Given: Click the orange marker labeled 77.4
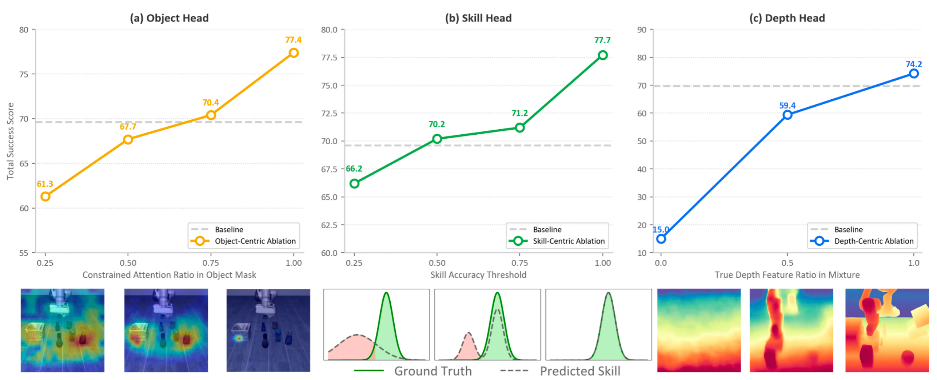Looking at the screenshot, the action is [x=294, y=53].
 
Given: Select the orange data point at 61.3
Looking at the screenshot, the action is [x=45, y=197].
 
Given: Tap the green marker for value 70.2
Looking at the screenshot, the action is [x=437, y=139].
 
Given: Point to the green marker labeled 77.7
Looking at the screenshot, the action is [x=603, y=55].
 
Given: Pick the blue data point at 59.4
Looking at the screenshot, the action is [x=787, y=115].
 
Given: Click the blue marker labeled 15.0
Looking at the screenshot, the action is [x=661, y=239].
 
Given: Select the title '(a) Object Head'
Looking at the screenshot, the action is [x=169, y=18].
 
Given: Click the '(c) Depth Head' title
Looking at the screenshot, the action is [x=787, y=18].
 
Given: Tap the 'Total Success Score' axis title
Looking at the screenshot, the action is [x=10, y=141].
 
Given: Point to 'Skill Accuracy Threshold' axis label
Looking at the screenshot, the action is [x=478, y=275].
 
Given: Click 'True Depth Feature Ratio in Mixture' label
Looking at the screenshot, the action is [x=787, y=275].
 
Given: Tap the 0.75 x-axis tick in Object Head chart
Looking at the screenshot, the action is [x=211, y=263].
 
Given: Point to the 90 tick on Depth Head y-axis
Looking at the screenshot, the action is [x=642, y=29].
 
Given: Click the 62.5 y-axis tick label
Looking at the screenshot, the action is [x=329, y=225].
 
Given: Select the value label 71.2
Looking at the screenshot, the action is [x=519, y=113].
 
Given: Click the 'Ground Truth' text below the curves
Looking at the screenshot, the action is [x=433, y=371].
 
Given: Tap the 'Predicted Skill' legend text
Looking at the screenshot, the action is [x=580, y=371].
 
